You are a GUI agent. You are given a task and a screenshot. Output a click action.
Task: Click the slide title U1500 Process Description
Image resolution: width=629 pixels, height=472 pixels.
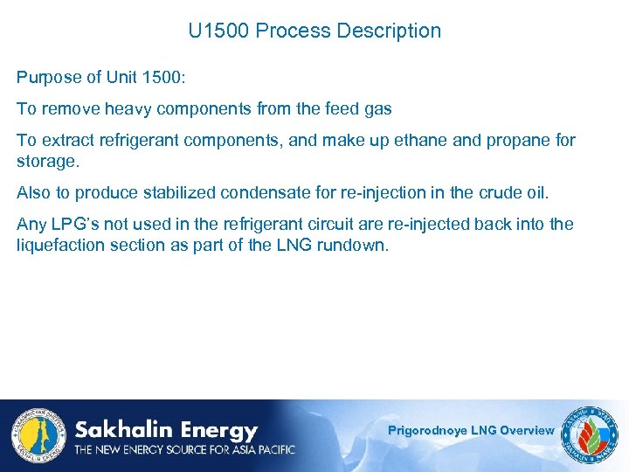(314, 31)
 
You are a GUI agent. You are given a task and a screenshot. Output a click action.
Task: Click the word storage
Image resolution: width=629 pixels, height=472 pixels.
(45, 162)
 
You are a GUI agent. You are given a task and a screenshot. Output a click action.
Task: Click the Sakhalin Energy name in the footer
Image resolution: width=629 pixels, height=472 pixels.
(166, 430)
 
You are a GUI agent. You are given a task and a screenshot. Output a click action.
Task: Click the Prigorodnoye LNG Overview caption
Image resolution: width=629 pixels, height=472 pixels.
(471, 430)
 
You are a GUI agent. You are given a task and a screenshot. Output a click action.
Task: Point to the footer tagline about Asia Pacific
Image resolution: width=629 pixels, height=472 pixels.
(184, 450)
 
